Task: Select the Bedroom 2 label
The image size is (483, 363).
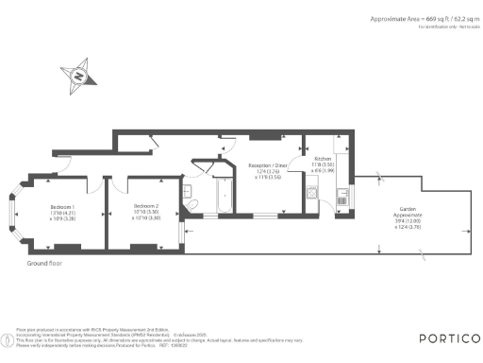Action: (x=145, y=205)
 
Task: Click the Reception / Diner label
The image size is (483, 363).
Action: (x=268, y=164)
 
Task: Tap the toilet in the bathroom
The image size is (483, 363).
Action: (x=189, y=206)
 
